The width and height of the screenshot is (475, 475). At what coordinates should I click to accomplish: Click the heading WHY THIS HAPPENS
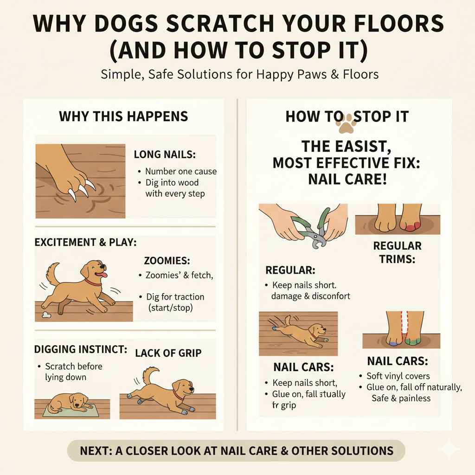[123, 116]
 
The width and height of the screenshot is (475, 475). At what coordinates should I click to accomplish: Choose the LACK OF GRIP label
[168, 353]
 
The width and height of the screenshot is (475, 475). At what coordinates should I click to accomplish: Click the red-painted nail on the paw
[412, 226]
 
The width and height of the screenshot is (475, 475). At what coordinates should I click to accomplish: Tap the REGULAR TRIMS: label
[397, 252]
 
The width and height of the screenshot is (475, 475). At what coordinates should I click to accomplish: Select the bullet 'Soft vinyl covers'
[398, 376]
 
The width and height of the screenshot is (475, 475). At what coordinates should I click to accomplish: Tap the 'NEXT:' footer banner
[237, 450]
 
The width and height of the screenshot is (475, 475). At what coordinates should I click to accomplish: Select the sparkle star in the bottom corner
[449, 449]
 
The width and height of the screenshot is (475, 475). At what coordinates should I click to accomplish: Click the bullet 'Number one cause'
[180, 171]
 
